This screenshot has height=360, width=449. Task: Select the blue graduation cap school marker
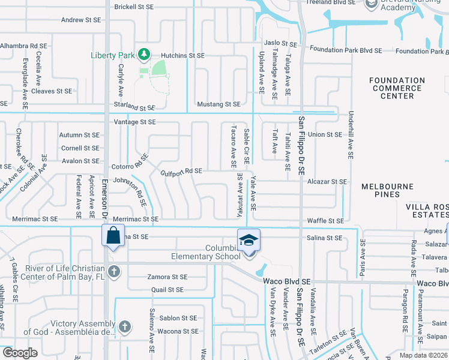point(249,240)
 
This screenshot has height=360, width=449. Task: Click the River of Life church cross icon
point(113,272)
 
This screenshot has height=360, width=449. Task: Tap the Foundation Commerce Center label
point(397,88)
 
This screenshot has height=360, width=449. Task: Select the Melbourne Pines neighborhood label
point(388,191)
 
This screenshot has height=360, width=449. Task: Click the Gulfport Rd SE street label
point(181,171)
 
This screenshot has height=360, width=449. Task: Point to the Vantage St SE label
point(135,122)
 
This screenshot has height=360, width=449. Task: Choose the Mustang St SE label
point(218,104)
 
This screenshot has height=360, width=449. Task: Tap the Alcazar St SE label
point(327,181)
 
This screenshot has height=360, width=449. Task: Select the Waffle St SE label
point(325,221)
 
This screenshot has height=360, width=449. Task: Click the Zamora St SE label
point(167,277)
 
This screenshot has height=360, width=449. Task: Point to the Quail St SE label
point(167,290)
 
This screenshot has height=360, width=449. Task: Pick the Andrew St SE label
point(80,20)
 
